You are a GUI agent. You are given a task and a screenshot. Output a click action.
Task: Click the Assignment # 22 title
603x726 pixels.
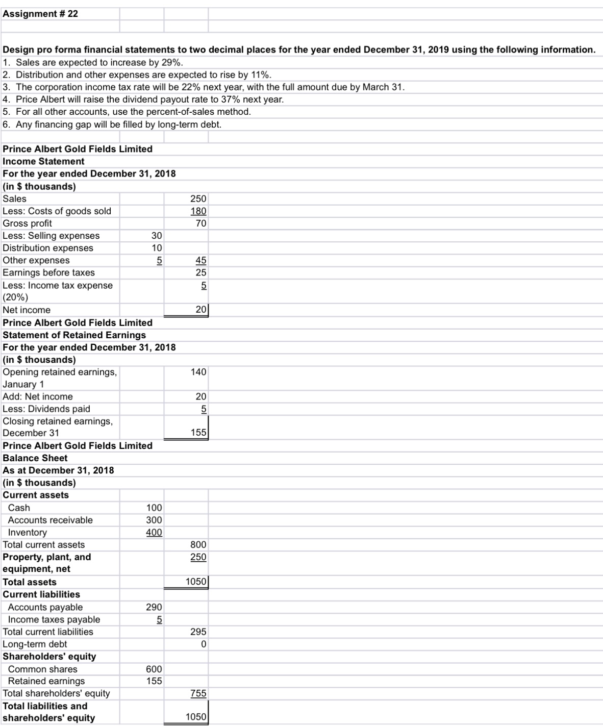tap(40, 14)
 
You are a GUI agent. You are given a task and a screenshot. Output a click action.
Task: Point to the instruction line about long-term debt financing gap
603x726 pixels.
tap(112, 124)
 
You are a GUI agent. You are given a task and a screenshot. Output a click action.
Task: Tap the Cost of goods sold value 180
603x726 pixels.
tap(198, 211)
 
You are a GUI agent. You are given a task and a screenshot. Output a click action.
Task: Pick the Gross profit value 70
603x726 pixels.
tap(200, 223)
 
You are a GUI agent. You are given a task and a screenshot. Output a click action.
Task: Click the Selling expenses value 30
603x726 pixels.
tap(157, 236)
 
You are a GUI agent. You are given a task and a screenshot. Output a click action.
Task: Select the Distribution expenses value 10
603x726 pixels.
tap(157, 248)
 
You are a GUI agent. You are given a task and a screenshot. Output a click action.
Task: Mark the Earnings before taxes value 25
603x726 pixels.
tap(200, 272)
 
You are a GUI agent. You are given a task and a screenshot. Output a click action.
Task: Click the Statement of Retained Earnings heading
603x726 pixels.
tap(74, 335)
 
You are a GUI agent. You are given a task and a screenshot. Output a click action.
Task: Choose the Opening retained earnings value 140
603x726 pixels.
tap(198, 372)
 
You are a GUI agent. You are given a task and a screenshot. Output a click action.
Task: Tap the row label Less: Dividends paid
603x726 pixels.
tap(46, 409)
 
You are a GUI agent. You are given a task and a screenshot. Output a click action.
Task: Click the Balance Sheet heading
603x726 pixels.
tap(35, 458)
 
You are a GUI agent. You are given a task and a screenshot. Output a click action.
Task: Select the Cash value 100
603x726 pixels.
tap(154, 508)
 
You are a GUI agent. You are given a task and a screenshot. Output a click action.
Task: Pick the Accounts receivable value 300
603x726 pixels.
tap(154, 520)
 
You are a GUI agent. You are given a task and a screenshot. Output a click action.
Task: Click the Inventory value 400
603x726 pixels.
tap(154, 532)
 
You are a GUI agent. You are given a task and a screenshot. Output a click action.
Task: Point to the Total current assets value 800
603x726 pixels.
tap(198, 545)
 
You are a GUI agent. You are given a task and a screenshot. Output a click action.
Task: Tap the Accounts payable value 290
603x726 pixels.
tap(154, 607)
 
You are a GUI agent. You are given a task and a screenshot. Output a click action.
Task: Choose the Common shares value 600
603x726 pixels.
tap(154, 669)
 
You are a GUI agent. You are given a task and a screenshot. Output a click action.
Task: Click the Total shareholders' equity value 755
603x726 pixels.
tap(198, 693)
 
